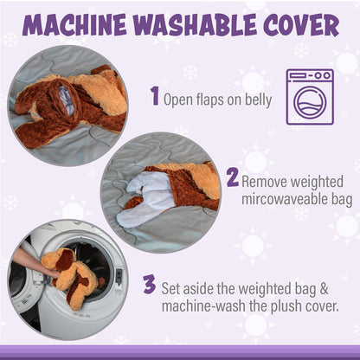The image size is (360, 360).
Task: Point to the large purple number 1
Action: click(155, 96)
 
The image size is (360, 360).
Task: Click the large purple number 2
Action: click(231, 178)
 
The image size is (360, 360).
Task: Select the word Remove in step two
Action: click(266, 182)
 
